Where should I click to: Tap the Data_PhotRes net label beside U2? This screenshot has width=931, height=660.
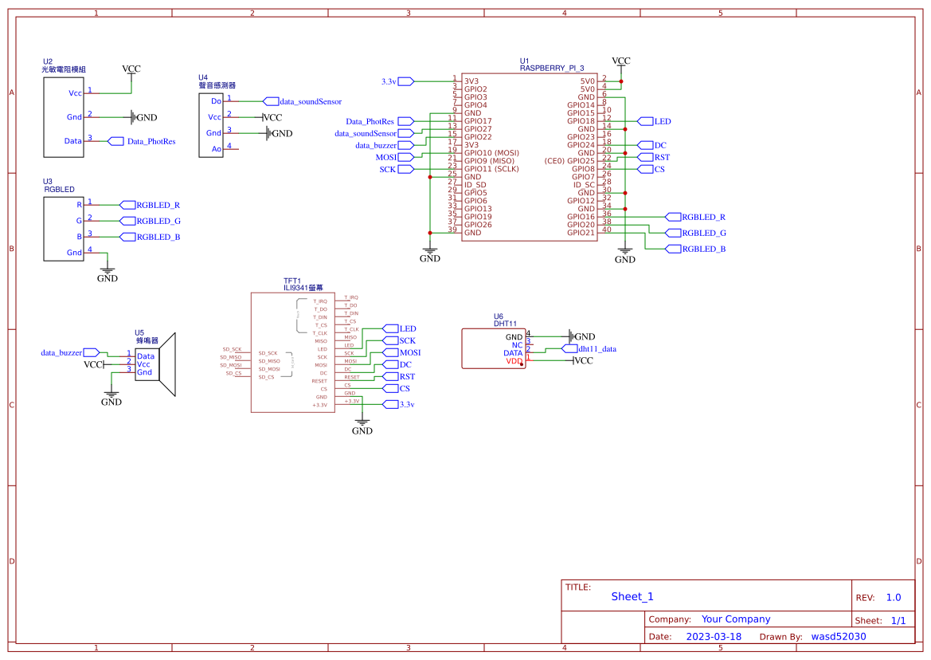coord(151,141)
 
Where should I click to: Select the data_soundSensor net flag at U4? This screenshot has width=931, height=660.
coord(310,102)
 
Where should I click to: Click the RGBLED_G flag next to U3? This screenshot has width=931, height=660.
coord(158,221)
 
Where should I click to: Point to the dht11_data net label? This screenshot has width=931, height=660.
coord(597,348)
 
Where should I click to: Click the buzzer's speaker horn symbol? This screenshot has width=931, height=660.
coord(166,365)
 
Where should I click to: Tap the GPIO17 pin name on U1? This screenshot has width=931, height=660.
coord(479,121)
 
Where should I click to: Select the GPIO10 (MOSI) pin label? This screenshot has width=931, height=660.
coord(491,153)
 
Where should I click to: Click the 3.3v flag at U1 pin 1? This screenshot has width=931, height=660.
coord(389,81)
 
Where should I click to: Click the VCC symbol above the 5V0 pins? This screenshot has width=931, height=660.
coord(620,61)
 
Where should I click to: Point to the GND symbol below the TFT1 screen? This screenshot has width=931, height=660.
coord(362,430)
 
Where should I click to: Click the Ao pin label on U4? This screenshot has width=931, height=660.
coord(216,149)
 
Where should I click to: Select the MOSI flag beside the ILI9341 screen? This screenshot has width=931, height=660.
coord(409,352)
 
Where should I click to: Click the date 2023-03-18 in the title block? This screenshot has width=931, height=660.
coord(714,637)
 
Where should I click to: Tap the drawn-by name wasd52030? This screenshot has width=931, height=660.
coord(838,637)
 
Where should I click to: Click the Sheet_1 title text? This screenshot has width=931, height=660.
coord(632,596)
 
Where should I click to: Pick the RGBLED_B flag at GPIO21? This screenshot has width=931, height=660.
coord(703,249)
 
